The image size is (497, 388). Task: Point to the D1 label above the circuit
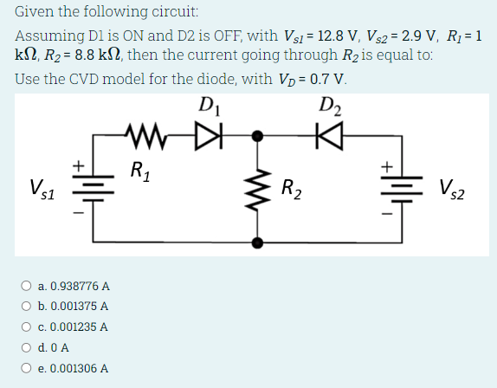pos(209,107)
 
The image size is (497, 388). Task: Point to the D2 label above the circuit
pos(329,107)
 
